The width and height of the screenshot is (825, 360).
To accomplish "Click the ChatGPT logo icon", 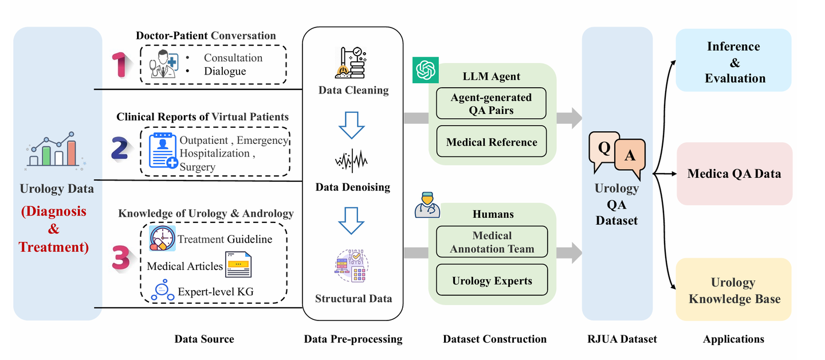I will (x=425, y=70).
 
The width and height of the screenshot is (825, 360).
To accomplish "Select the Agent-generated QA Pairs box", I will (x=491, y=104).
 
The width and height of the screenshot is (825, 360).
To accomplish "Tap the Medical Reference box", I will (x=491, y=142).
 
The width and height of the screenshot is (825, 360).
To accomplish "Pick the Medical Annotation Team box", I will (x=492, y=242).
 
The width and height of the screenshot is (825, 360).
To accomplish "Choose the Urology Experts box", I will (x=492, y=280).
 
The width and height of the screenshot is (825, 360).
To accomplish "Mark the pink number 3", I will (x=121, y=258).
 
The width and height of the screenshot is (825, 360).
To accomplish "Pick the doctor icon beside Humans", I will (x=426, y=206).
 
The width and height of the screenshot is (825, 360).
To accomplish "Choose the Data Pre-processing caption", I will (x=353, y=339).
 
